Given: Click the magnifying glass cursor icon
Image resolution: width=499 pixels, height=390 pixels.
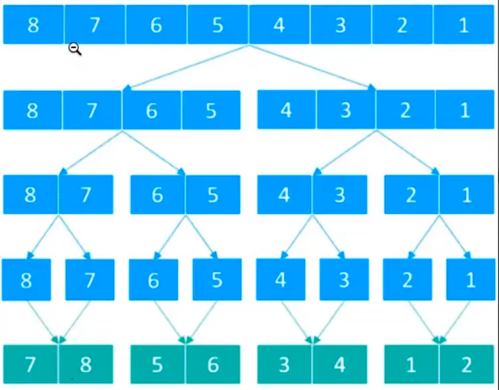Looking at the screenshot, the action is tap(74, 49).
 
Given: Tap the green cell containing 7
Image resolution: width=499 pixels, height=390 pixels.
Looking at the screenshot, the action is tap(31, 364).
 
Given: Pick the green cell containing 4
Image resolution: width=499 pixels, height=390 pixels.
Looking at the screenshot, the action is tap(341, 364).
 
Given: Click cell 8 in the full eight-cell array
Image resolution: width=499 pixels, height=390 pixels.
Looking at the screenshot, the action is tap(33, 24).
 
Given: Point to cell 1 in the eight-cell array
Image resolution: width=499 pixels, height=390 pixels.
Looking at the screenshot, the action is tap(463, 24).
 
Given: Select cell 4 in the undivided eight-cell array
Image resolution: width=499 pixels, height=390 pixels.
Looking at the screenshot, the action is tap(279, 24).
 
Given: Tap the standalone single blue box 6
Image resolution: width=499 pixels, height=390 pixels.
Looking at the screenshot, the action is tap(153, 280).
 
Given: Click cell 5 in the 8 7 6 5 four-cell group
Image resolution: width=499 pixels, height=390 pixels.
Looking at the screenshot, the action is tap(211, 110).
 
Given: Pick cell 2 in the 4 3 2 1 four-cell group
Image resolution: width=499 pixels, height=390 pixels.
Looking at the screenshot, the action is tap(405, 110).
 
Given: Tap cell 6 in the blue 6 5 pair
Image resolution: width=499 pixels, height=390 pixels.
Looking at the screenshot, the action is tap(157, 194).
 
